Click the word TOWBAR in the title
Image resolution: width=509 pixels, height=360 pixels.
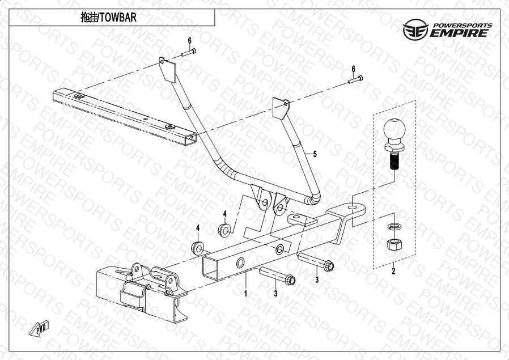click(118, 18)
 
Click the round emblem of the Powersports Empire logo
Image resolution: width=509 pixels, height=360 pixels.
click(415, 29)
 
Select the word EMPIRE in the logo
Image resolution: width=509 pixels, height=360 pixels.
click(460, 33)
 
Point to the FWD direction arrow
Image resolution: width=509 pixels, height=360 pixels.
click(39, 328)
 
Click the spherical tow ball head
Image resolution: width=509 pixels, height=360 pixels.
click(395, 129)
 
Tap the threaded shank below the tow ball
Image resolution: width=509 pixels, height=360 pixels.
click(395, 162)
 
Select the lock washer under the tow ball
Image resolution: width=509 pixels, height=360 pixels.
click(394, 227)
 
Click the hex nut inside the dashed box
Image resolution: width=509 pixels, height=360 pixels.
click(394, 244)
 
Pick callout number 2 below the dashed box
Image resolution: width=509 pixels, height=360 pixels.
click(393, 271)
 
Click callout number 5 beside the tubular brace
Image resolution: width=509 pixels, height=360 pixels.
click(315, 154)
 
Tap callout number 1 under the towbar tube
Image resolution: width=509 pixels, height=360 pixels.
click(246, 294)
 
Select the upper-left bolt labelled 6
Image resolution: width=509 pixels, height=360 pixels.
click(189, 52)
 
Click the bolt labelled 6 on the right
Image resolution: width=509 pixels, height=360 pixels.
click(355, 79)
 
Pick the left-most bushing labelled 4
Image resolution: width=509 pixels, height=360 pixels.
click(197, 248)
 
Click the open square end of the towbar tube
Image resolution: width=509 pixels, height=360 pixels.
click(210, 267)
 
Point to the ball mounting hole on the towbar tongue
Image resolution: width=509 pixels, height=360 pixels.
click(352, 207)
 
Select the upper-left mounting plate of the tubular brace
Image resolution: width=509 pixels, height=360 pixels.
click(168, 69)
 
